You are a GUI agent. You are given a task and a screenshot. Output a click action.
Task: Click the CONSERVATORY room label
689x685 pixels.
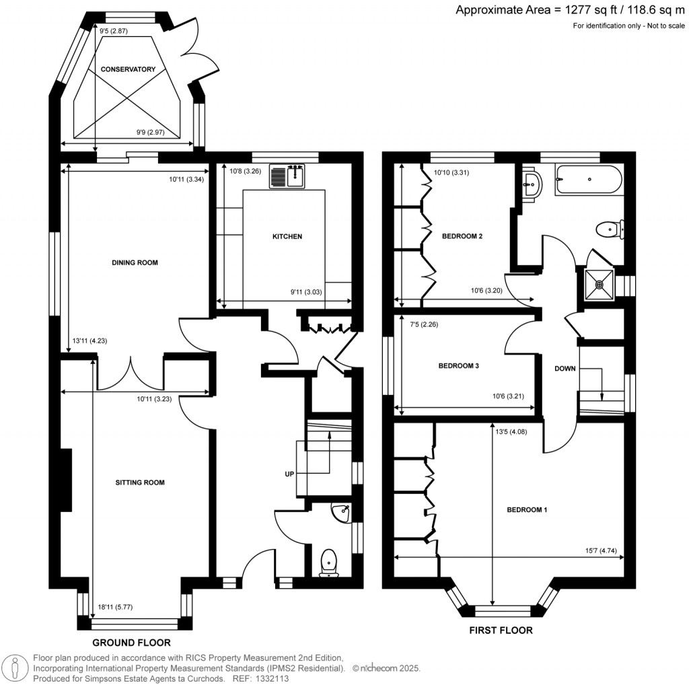coord(128,69)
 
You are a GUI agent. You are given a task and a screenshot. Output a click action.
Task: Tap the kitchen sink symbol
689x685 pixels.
coord(288,176)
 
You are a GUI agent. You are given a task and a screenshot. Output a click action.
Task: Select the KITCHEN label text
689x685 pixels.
coord(287,237)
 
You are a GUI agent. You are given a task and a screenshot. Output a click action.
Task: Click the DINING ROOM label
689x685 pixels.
coord(135,262)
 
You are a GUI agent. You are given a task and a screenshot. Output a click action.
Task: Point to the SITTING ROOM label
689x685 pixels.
coord(140,482)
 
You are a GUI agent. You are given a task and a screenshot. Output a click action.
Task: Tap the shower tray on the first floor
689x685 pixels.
coord(598,283)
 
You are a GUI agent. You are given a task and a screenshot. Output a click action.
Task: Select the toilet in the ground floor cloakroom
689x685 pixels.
coord(329,562)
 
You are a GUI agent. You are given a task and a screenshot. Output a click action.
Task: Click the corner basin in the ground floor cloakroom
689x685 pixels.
coord(342,513)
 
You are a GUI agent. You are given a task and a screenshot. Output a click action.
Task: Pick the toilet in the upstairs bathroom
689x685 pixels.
coord(609,230)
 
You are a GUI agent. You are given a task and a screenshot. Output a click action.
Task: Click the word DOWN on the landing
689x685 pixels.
coord(565,369)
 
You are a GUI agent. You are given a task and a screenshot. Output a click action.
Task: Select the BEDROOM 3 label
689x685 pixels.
coord(458,366)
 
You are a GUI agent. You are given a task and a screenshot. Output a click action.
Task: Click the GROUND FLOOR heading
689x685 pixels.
coord(131,643)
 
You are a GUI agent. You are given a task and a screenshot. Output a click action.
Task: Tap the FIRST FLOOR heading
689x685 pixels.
coord(501,630)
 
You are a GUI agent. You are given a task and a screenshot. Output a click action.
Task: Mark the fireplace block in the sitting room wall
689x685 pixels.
coord(66,481)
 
